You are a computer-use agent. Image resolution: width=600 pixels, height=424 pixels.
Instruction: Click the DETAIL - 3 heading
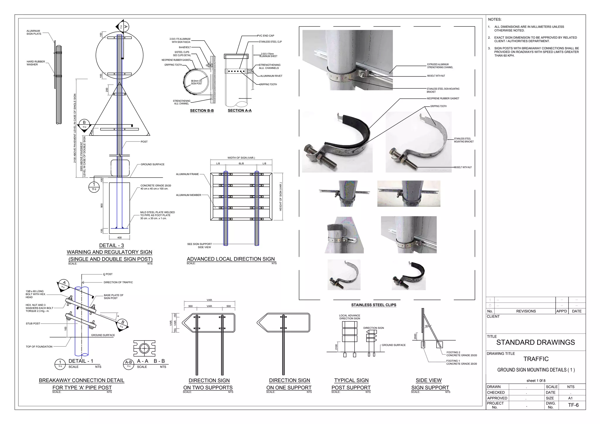pos(111,245)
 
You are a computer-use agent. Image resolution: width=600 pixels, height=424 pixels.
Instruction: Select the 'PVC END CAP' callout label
pos(265,36)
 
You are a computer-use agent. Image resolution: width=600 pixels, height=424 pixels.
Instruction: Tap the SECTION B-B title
pos(202,111)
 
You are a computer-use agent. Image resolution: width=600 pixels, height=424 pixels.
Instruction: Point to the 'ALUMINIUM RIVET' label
pos(271,76)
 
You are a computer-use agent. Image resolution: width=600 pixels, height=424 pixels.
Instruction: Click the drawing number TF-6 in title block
pos(573,405)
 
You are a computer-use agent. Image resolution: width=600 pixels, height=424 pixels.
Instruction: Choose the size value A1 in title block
pos(570,398)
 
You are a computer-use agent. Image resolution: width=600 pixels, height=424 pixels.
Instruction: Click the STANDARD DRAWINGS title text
pos(535,342)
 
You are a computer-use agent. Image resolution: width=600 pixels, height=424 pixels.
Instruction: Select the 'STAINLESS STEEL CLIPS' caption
pos(374,305)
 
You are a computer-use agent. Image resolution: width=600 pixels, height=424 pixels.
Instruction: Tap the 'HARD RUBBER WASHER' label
pos(36,63)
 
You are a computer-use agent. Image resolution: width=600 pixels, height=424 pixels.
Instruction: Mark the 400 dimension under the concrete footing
pos(119,237)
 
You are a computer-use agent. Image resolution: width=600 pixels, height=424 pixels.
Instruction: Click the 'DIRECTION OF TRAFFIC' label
pos(118,282)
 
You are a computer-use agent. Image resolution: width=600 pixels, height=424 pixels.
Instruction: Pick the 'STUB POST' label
pos(33,324)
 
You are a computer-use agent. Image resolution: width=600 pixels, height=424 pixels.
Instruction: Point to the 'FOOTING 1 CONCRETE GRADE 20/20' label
pos(461,362)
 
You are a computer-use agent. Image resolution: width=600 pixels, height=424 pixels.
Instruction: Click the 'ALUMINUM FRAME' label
pos(187,174)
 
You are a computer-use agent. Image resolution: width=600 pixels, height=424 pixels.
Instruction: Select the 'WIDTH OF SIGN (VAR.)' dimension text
pos(241,158)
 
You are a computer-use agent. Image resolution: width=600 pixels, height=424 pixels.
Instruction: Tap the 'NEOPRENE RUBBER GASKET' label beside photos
pos(443,98)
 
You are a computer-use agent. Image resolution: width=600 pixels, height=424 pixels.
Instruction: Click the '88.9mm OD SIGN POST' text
pos(196,82)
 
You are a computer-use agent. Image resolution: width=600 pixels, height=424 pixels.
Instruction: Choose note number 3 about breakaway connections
pos(536,52)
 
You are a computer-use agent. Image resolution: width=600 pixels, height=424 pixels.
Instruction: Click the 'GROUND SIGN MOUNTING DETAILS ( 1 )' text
pos(536,370)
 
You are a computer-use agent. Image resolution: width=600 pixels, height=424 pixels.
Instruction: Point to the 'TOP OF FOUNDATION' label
pos(39,347)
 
